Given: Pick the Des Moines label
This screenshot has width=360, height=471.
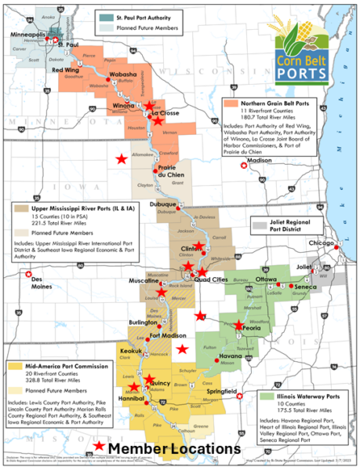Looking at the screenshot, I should [30, 282].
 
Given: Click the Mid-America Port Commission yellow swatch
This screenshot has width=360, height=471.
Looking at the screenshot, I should [13, 366].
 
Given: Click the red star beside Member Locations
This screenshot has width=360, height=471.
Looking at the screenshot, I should [97, 447].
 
